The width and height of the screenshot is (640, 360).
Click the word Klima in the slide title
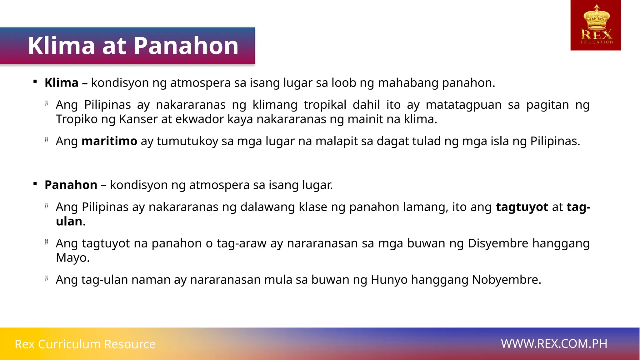[x=61, y=46]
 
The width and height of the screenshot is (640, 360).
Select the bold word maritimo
[x=109, y=141]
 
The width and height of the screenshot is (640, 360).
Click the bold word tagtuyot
[x=522, y=207]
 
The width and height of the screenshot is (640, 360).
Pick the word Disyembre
[x=498, y=243]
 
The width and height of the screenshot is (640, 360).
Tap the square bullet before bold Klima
[x=35, y=82]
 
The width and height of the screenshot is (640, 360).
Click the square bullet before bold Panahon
[x=35, y=184]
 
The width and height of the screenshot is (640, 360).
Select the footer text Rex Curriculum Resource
[x=85, y=344]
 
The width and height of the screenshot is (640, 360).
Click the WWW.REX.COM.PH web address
[x=554, y=344]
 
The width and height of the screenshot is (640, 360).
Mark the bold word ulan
[x=69, y=222]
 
